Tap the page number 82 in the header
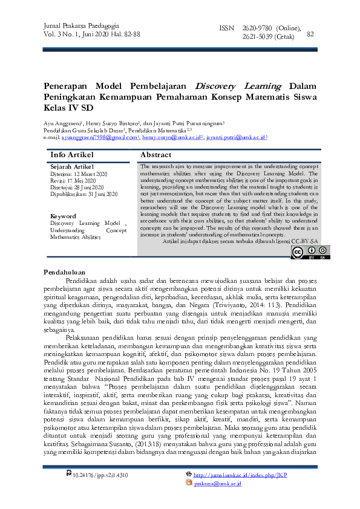[312, 34]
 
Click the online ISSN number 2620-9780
[257, 29]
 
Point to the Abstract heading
[155, 155]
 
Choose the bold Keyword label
[63, 216]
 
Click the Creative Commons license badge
[310, 252]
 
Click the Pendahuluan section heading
[65, 273]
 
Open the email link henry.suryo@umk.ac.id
[171, 138]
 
